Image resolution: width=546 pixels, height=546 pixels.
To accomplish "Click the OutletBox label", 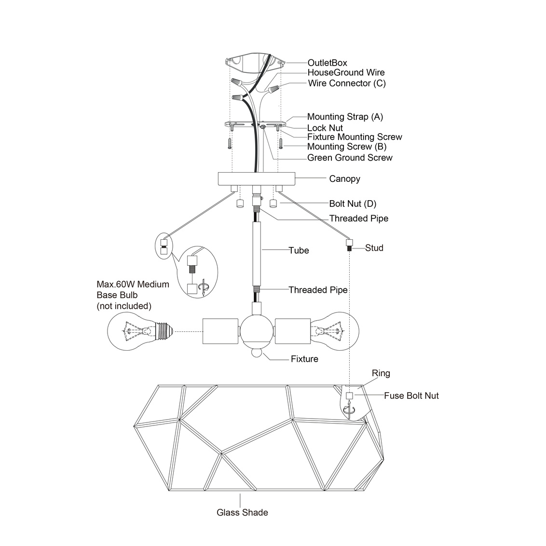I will pos(327,63).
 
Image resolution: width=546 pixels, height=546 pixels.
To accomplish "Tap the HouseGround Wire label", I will pos(346,73).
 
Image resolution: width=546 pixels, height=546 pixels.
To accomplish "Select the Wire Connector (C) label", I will pos(347,83).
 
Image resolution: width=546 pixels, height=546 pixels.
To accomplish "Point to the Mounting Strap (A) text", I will pos(345,117).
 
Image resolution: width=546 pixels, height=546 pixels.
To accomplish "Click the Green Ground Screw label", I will pos(350,158).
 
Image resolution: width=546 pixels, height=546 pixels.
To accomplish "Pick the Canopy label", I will pos(344,179).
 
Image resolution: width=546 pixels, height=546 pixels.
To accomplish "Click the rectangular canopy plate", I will pos(256,178).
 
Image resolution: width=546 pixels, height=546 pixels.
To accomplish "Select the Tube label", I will pos(299,250).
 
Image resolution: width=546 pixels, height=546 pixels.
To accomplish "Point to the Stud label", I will pos(374,248).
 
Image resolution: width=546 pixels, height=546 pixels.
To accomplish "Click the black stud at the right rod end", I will pos(348,246).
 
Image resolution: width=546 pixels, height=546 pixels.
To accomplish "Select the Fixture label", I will pos(304,359).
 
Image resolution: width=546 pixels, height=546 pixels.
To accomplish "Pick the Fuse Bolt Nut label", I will pos(411,396).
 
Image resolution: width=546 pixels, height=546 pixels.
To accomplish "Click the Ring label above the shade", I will pos(381,373).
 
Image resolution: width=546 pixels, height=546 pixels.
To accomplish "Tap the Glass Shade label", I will pos(242,512).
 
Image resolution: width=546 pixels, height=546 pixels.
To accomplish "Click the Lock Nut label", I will pos(325,128).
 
